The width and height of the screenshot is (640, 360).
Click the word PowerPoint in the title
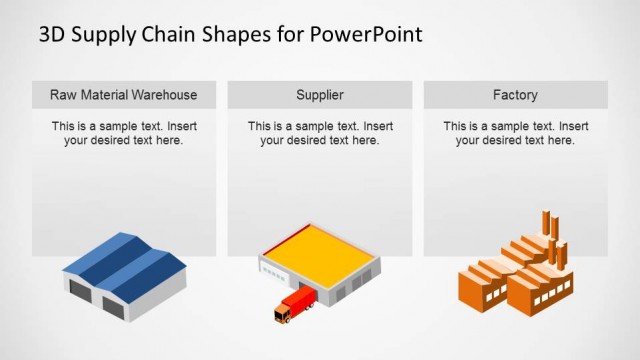point(366,34)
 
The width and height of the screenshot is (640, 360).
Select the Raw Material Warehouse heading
point(124,95)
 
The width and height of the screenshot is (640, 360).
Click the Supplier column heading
point(320,95)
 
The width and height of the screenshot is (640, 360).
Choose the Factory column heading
point(515,95)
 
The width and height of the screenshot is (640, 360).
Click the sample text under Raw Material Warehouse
point(124,134)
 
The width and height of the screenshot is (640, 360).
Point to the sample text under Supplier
point(320,134)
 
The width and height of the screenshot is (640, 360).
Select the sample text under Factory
point(515,134)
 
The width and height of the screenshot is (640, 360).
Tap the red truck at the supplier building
point(294,306)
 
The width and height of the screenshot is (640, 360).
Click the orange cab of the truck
point(283,315)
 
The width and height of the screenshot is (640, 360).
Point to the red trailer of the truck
point(301,300)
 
